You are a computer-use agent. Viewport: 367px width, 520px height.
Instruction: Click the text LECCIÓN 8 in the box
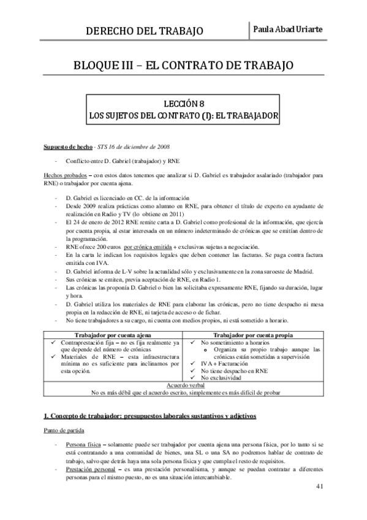coord(183,104)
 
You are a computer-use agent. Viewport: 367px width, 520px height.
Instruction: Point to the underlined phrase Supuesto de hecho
coord(67,148)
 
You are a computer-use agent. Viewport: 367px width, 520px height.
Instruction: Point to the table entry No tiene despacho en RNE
coord(238,371)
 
